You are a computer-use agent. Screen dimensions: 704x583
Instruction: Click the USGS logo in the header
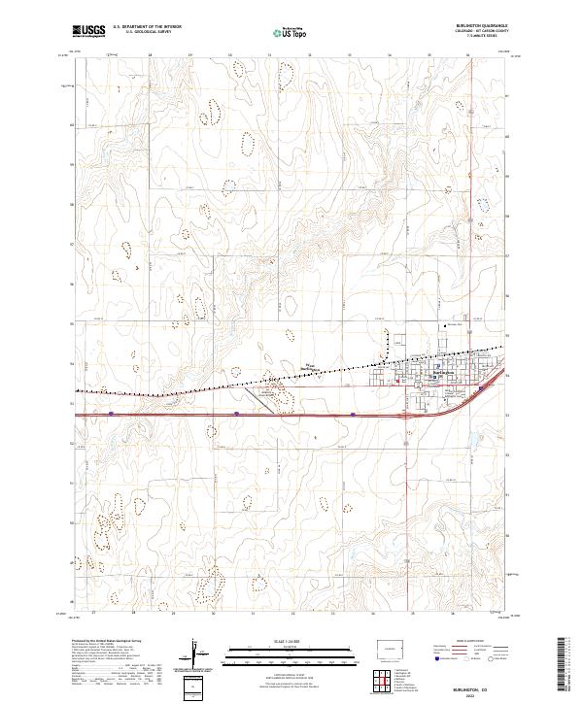click(x=88, y=30)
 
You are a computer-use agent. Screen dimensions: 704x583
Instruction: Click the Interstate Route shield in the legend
click(x=436, y=658)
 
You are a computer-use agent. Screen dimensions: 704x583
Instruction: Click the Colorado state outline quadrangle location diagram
click(x=394, y=648)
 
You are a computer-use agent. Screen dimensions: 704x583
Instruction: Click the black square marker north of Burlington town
click(x=446, y=325)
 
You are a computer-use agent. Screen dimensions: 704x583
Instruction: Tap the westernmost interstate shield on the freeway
click(x=112, y=413)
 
